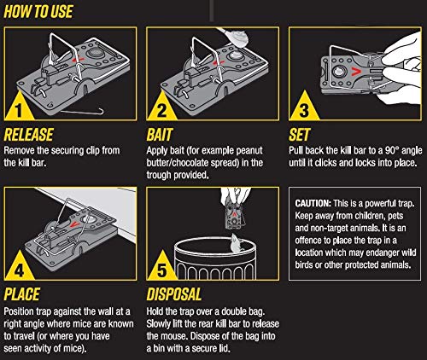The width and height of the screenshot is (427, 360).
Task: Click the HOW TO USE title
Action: (x=38, y=12)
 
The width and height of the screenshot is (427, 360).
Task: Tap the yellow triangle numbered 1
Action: (x=19, y=107)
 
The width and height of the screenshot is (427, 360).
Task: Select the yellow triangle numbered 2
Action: (x=161, y=107)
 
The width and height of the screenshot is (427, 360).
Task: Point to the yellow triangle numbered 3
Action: (x=304, y=107)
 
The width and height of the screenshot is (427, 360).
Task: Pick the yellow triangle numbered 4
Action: (x=19, y=266)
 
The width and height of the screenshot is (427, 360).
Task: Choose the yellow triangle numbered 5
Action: (x=161, y=266)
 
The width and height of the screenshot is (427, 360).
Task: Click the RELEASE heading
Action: (x=28, y=135)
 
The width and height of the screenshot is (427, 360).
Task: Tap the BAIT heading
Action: (x=160, y=135)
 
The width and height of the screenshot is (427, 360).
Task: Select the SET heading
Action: (x=299, y=135)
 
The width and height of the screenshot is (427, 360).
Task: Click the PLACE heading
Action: (x=21, y=294)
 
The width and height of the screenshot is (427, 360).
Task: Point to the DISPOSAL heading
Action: (x=174, y=294)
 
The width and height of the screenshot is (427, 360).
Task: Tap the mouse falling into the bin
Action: (x=237, y=243)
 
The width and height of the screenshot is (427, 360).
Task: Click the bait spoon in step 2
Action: (x=233, y=37)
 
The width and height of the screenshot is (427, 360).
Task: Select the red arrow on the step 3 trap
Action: (x=356, y=72)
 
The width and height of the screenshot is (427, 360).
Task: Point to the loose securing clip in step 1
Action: (x=83, y=111)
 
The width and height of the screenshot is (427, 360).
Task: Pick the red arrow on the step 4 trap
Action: (x=74, y=224)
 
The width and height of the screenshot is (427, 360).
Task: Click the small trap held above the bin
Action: (x=234, y=217)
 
